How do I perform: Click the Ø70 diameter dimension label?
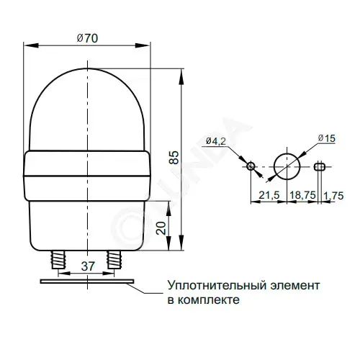click(87, 38)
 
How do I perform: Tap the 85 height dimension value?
click(174, 158)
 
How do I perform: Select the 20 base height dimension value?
click(161, 228)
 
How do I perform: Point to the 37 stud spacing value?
click(88, 266)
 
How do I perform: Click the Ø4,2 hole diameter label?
click(216, 141)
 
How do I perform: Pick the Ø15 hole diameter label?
click(326, 138)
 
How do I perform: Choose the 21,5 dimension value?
click(269, 195)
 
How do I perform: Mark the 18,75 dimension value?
click(302, 195)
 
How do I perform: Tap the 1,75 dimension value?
click(333, 196)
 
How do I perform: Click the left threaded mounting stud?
click(58, 260)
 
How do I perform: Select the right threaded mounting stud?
click(114, 260)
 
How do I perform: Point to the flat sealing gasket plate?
click(87, 282)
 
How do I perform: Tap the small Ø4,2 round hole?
click(251, 166)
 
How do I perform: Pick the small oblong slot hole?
click(319, 166)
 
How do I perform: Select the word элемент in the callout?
click(295, 286)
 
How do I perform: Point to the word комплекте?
click(209, 300)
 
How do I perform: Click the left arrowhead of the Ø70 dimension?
click(31, 45)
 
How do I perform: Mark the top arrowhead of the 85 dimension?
click(181, 76)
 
